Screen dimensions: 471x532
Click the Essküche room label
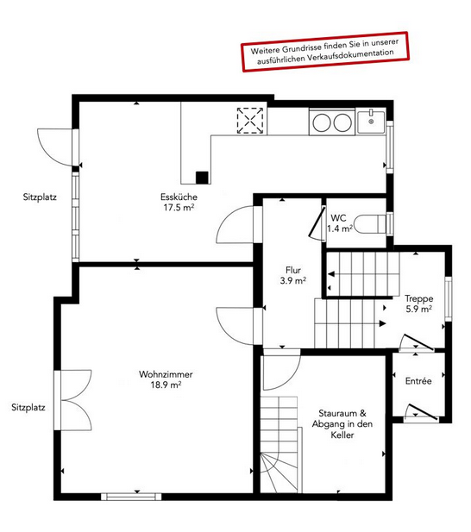click(x=179, y=203)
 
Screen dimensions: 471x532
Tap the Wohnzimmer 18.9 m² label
click(x=166, y=379)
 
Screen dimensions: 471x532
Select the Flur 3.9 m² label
click(x=293, y=275)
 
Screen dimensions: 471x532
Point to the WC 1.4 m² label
click(x=339, y=223)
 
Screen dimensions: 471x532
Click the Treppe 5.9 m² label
click(x=419, y=304)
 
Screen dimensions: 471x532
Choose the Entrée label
click(x=418, y=381)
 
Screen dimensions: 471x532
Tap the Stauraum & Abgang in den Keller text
click(x=342, y=424)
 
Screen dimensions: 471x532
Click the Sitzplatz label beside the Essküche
click(x=40, y=197)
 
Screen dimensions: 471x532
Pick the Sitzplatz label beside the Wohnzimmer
click(x=28, y=408)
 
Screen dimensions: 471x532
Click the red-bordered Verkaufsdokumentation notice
click(x=325, y=52)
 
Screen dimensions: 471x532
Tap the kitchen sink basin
click(x=371, y=122)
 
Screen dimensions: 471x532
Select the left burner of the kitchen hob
click(x=322, y=122)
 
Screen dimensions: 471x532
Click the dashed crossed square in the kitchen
click(x=250, y=121)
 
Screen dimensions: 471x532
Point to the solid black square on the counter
click(x=202, y=178)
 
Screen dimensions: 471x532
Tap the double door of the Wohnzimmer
click(x=73, y=400)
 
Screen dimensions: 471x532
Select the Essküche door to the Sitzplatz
click(x=58, y=147)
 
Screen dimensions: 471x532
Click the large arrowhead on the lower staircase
click(x=383, y=323)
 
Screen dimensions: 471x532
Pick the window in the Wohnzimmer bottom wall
click(x=131, y=497)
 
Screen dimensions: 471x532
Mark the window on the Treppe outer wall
click(x=449, y=299)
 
